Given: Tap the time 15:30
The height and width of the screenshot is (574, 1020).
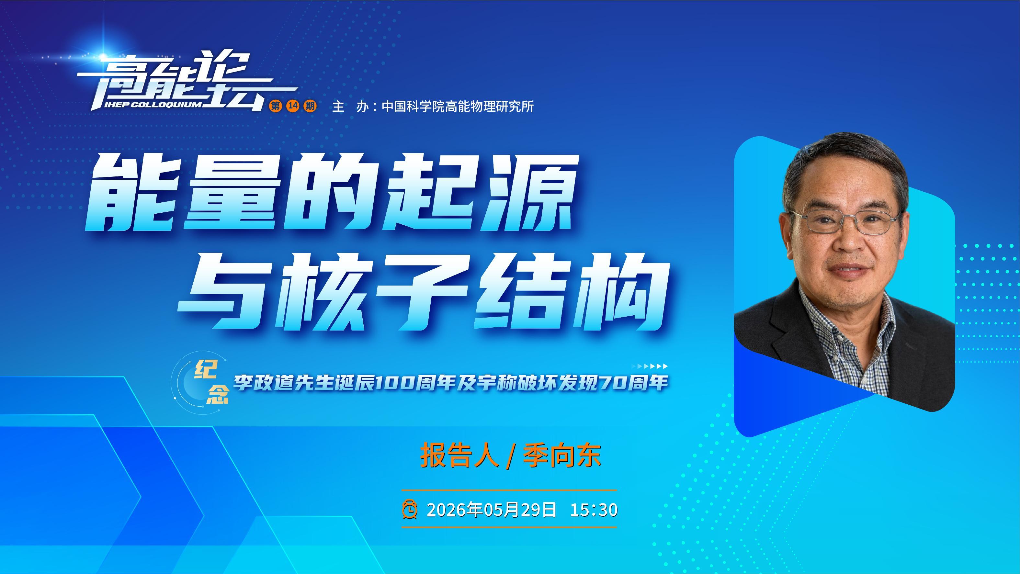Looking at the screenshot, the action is tap(594, 510).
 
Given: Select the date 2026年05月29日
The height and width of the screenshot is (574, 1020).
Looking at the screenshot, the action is tap(492, 510).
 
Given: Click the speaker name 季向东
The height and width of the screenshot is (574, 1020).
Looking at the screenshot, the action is tap(562, 456).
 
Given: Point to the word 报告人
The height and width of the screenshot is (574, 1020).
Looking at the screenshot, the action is tap(459, 456).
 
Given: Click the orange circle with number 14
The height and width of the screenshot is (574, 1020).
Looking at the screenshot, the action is tap(293, 106).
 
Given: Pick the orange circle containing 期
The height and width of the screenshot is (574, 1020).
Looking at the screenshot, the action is tap(310, 106).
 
